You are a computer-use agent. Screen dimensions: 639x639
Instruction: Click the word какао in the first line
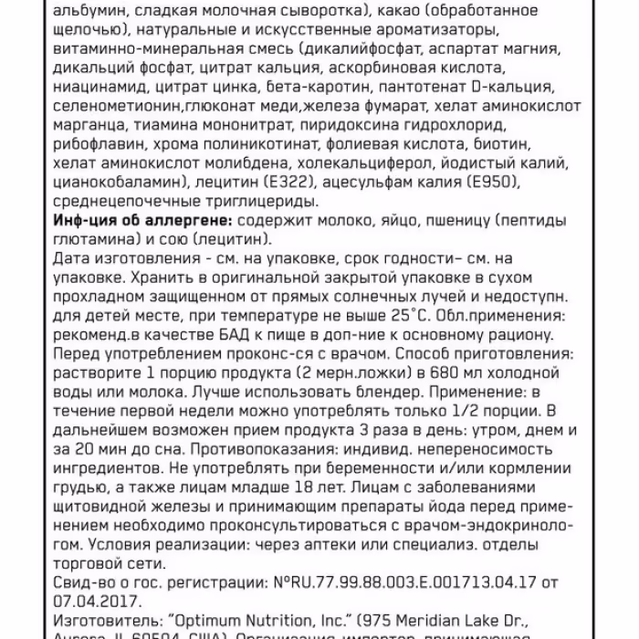coord(407,10)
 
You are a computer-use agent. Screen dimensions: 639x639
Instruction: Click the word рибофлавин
coord(100,146)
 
